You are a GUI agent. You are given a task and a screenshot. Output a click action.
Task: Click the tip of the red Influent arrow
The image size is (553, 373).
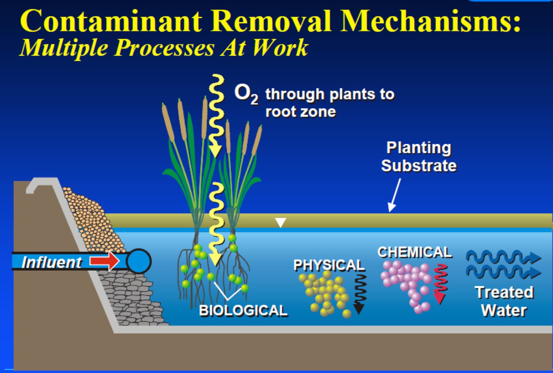click(x=120, y=261)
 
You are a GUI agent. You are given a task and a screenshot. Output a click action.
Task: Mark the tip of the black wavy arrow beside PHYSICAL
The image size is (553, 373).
click(x=359, y=314)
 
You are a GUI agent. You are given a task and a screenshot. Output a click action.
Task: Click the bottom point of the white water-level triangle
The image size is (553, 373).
click(x=280, y=227)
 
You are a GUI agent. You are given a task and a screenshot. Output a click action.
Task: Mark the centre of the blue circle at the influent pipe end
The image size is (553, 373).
click(x=139, y=261)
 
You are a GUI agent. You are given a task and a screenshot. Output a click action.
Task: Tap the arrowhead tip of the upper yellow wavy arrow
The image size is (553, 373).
click(x=215, y=157)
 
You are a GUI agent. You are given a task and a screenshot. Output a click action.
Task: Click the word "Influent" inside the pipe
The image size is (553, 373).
click(x=51, y=262)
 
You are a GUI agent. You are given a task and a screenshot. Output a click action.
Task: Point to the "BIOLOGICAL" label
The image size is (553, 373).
click(x=243, y=310)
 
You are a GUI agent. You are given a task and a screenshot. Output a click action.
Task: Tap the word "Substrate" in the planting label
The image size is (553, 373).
click(x=419, y=165)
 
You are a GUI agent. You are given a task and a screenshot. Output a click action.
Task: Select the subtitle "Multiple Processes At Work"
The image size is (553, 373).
click(x=164, y=48)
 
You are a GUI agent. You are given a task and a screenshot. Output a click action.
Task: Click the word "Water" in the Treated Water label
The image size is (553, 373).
click(x=504, y=310)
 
